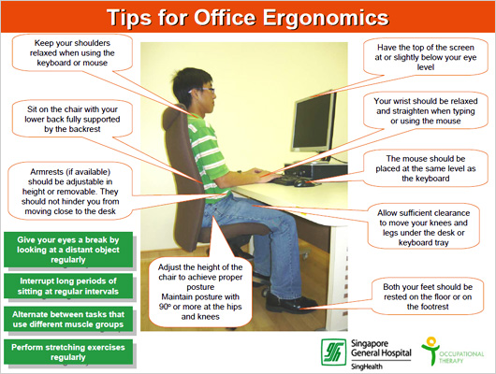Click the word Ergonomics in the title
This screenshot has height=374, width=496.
[x=326, y=18]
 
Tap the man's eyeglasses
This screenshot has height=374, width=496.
[x=202, y=91]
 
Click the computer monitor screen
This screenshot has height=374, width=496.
[x=313, y=122]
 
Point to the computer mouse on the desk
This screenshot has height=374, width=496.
[x=302, y=182]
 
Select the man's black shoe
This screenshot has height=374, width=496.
[x=288, y=303]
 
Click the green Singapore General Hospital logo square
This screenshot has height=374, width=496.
[x=333, y=352]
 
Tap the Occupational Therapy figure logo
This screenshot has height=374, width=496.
[x=430, y=351]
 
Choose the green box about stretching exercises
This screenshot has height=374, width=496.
[x=68, y=352]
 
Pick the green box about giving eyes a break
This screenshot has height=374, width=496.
[x=68, y=250]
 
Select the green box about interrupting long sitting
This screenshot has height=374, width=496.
[x=68, y=286]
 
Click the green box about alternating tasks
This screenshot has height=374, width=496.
[x=68, y=320]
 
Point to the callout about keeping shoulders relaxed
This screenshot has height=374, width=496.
[x=72, y=52]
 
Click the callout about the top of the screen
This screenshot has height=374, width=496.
[x=426, y=57]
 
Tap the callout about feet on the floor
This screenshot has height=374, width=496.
[x=428, y=296]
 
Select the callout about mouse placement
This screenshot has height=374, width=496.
[x=426, y=168]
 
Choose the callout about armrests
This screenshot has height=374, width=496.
[x=70, y=192]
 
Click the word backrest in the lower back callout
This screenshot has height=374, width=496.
[x=85, y=129]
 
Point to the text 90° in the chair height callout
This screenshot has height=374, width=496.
[x=165, y=307]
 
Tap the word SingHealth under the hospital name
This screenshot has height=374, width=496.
[x=367, y=367]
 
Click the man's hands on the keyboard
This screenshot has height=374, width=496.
[x=264, y=175]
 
